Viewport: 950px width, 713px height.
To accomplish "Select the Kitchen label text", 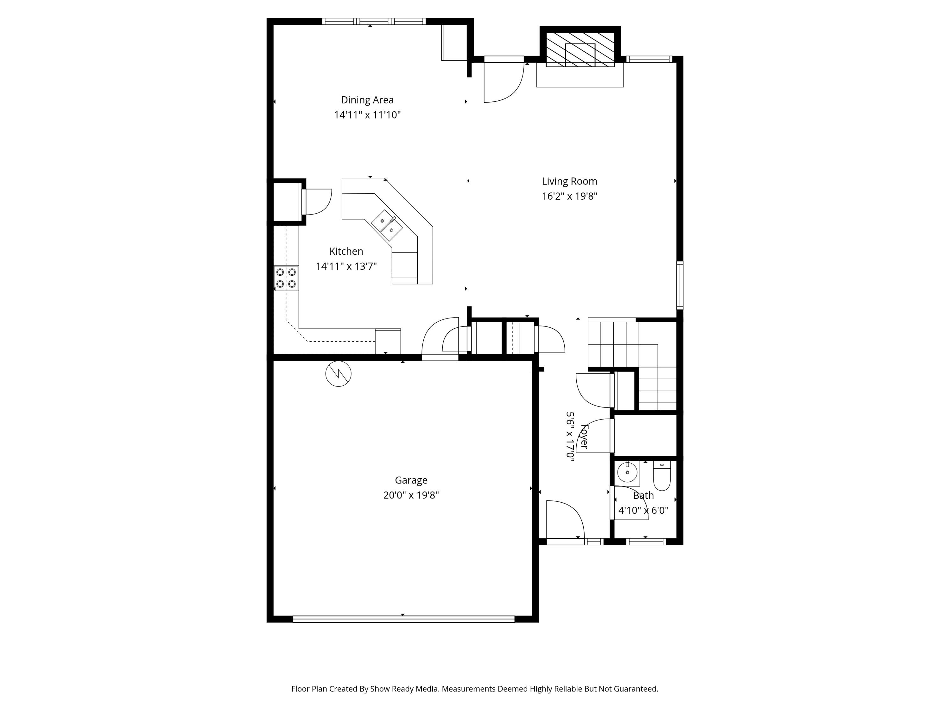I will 346,251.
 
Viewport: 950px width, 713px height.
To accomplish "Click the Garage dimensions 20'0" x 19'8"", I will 411,495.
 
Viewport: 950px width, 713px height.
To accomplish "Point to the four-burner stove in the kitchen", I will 286,278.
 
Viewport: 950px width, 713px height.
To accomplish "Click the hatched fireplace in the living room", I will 580,50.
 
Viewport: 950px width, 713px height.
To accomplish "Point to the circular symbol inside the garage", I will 339,374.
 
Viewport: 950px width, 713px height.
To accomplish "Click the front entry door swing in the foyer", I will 564,519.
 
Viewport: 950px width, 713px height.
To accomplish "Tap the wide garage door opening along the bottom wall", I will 403,619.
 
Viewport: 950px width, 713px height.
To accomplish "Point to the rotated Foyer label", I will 584,436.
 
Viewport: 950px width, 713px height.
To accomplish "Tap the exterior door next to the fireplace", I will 503,80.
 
